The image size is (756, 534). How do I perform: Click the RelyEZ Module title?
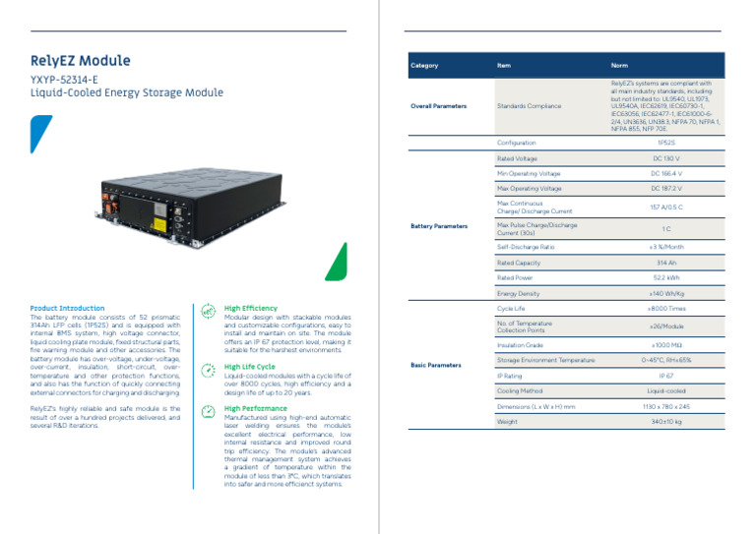click(x=80, y=61)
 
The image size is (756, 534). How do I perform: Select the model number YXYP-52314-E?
click(x=64, y=79)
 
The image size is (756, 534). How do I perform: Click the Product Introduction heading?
click(x=67, y=309)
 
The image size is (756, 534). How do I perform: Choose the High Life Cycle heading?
click(x=250, y=367)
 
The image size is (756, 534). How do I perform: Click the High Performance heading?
click(x=256, y=408)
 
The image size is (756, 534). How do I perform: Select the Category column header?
click(x=424, y=66)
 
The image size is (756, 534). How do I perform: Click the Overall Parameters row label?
click(x=439, y=106)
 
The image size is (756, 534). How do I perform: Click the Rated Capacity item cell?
click(x=520, y=264)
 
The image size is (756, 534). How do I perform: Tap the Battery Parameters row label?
click(x=439, y=226)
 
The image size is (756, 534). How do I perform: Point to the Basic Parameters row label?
click(x=435, y=365)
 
